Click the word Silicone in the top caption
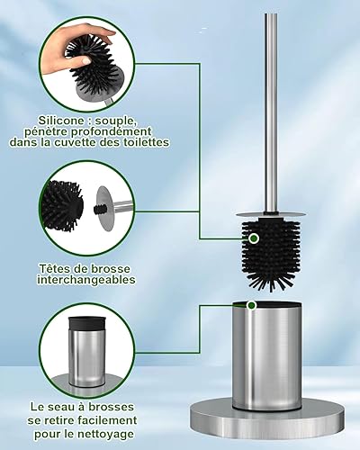61,121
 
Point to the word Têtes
54,268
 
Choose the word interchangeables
86,280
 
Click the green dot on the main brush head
254,238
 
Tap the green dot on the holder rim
251,305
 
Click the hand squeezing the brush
75,49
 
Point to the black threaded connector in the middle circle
99,209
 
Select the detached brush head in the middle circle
62,203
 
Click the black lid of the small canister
86,324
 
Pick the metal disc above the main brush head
271,214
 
